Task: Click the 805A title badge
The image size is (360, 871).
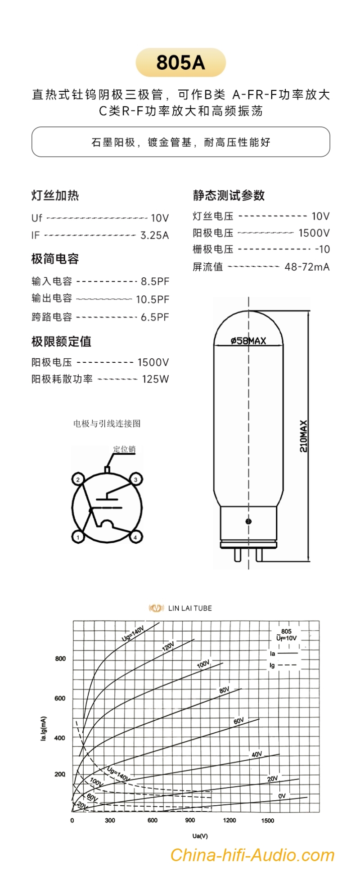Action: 180,63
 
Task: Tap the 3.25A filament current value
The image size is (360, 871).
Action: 154,235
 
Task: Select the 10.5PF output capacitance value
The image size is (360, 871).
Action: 153,299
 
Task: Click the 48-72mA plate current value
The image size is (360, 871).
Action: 307,267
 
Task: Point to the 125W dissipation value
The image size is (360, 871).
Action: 155,379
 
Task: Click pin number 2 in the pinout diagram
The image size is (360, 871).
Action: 78,479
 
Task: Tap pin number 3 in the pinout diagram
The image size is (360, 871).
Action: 135,479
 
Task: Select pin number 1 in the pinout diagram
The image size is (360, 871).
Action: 78,537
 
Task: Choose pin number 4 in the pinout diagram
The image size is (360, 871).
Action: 135,537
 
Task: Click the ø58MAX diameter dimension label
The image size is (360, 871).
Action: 248,341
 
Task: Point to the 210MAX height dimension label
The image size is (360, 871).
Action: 304,436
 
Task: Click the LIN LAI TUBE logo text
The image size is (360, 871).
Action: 190,608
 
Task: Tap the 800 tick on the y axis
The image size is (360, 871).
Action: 60,659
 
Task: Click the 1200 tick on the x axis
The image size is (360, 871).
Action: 229,820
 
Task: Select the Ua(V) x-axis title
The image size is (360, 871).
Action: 200,836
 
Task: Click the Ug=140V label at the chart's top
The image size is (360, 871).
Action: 133,633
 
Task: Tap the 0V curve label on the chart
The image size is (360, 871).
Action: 282,796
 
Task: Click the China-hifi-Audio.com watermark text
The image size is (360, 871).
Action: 252,855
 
